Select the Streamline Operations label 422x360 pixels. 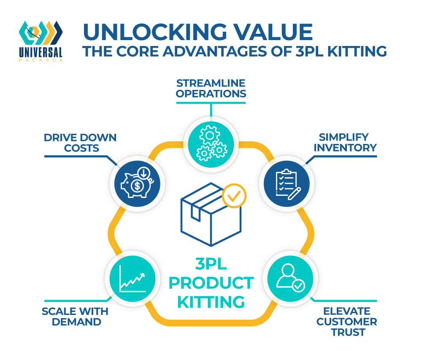coord(211,87)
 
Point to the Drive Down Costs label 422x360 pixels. coord(80,143)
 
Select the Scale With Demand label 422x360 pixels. coord(75,317)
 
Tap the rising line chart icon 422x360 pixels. coord(133,279)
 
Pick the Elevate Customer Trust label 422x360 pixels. coord(346,322)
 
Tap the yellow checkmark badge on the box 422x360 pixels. coord(234,195)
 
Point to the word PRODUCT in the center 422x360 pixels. coord(211,283)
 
